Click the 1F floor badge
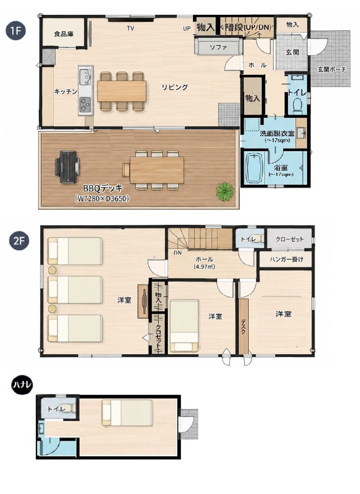(15, 31)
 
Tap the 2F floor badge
(19, 241)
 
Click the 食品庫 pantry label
(64, 34)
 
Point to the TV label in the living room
(130, 28)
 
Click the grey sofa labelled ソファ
(219, 46)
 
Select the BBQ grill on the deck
(67, 167)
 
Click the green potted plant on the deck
(225, 191)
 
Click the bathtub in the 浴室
(254, 168)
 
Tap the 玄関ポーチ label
(332, 69)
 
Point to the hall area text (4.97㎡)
(205, 266)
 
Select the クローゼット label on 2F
(290, 239)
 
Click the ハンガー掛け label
(287, 259)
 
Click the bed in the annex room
(127, 413)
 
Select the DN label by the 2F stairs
(178, 253)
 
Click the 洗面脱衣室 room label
(277, 133)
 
